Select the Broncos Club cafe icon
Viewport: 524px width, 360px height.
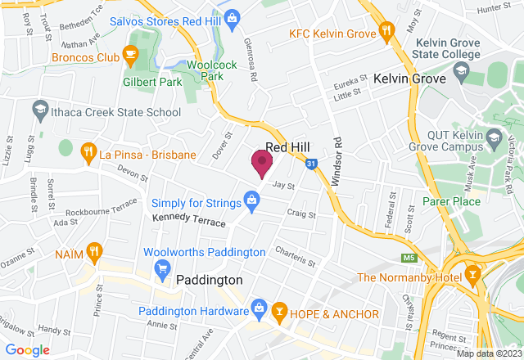(x=129, y=55)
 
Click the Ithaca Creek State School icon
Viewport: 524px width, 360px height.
(x=38, y=109)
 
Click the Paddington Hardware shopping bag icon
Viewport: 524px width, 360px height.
(x=259, y=308)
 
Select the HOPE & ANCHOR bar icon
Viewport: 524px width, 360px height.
(x=279, y=313)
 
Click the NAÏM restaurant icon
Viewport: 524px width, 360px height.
(x=95, y=250)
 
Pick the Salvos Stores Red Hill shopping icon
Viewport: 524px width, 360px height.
(x=233, y=16)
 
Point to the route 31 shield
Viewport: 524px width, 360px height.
(x=311, y=164)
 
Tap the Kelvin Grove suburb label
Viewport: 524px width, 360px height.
(x=409, y=79)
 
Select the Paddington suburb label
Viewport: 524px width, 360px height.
(x=210, y=280)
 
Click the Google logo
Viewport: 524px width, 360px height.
(x=28, y=349)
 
